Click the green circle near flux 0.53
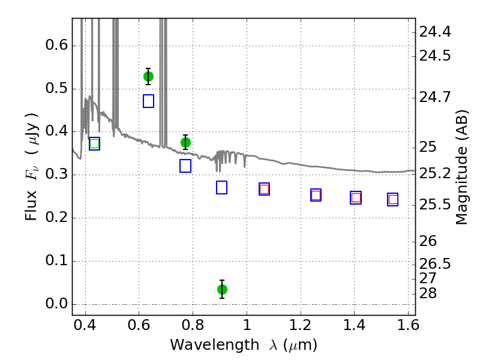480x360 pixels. click(148, 77)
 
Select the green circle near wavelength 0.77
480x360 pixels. click(185, 142)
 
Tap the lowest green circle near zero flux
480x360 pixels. click(222, 289)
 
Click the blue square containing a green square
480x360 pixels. click(95, 143)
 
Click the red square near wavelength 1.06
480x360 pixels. click(264, 189)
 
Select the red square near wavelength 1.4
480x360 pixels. click(356, 198)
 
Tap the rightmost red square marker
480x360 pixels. click(393, 200)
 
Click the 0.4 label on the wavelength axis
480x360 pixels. click(85, 325)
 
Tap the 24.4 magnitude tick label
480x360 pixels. click(435, 32)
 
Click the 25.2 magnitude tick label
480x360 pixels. click(435, 173)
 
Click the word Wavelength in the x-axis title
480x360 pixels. click(215, 345)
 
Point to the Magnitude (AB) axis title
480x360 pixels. click(461, 167)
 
